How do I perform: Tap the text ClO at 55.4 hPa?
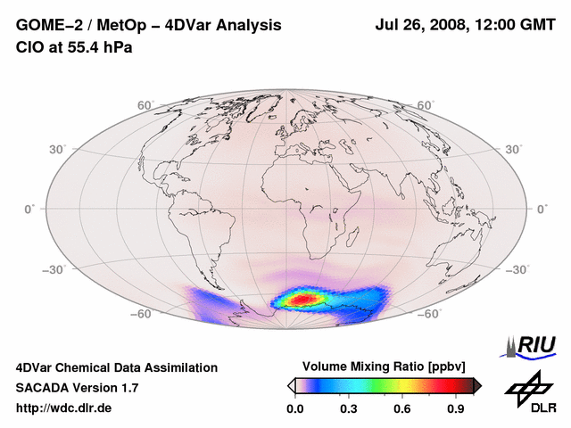click(74, 46)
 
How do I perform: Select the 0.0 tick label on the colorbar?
click(294, 409)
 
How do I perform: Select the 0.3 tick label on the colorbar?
click(349, 409)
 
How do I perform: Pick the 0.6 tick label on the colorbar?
click(402, 409)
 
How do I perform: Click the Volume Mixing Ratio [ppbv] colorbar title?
click(385, 366)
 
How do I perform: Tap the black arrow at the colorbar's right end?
click(477, 385)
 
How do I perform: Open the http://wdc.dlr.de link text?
click(64, 408)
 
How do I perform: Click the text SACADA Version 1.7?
click(77, 388)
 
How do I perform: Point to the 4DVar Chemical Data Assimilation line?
click(116, 367)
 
